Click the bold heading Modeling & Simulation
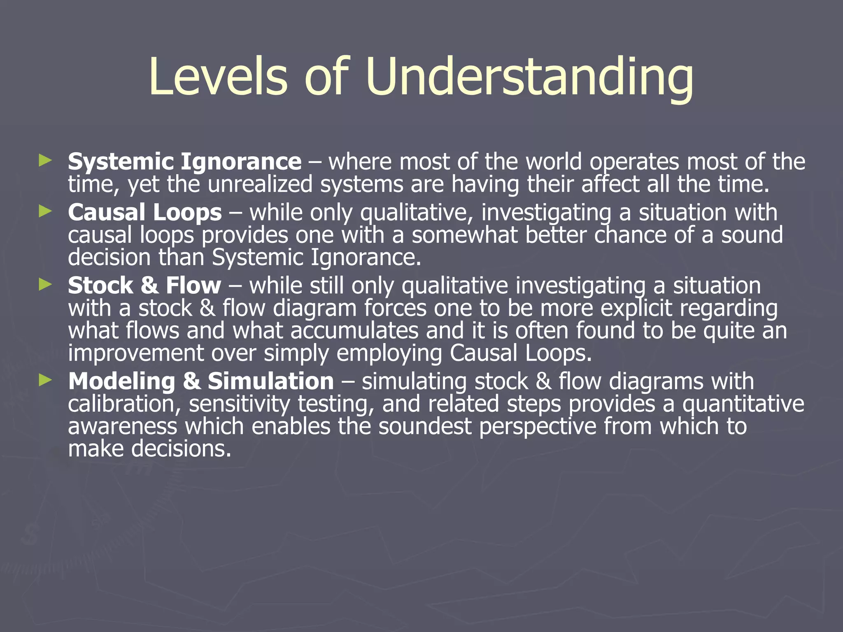click(x=201, y=381)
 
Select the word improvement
click(x=136, y=353)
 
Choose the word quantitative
click(x=743, y=404)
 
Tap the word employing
click(x=389, y=353)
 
